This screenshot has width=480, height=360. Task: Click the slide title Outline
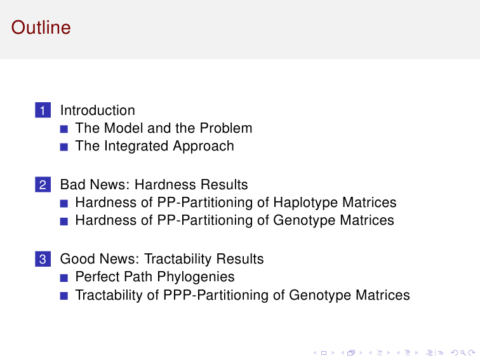pos(41,27)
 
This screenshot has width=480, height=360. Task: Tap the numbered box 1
pos(43,110)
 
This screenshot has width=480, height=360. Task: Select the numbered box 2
pos(43,185)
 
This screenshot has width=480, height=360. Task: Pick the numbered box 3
pos(43,259)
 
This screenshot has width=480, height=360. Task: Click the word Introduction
pos(98,110)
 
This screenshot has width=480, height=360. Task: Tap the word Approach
pos(203,146)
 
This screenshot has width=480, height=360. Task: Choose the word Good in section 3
pos(77,259)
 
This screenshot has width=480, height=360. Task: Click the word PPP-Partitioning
pos(216,295)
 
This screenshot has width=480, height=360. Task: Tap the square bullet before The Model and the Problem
pos(64,129)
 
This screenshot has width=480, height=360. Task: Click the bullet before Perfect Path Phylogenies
pos(64,278)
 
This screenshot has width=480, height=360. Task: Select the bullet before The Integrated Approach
pos(64,147)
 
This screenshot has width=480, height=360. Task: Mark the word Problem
pos(226,128)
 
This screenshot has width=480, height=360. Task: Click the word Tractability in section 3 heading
pos(178,259)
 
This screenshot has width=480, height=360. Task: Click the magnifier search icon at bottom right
pos(463,353)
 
